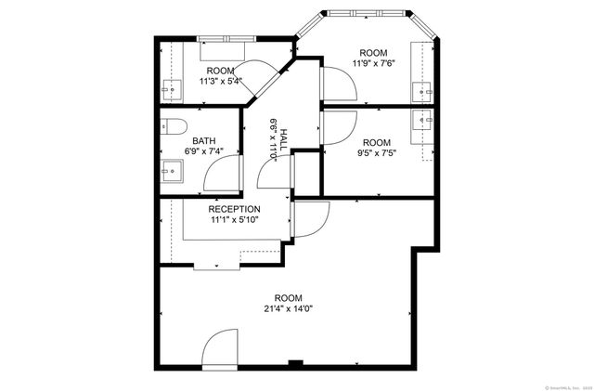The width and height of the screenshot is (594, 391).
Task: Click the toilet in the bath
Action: tap(174, 126)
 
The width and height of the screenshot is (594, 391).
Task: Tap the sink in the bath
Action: tap(171, 170)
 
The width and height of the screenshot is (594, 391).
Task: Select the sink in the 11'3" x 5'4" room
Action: tap(172, 89)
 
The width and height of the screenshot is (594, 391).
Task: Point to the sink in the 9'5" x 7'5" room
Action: tap(425, 119)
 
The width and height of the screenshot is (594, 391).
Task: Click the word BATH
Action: tap(204, 141)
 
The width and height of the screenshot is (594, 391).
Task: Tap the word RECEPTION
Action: tap(234, 209)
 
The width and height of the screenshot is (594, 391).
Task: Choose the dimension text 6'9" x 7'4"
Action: tap(204, 151)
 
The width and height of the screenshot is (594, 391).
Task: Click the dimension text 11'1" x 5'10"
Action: tap(234, 220)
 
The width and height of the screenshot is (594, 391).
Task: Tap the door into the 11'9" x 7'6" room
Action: tap(339, 86)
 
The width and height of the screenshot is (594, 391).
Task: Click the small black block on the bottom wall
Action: tap(295, 362)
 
